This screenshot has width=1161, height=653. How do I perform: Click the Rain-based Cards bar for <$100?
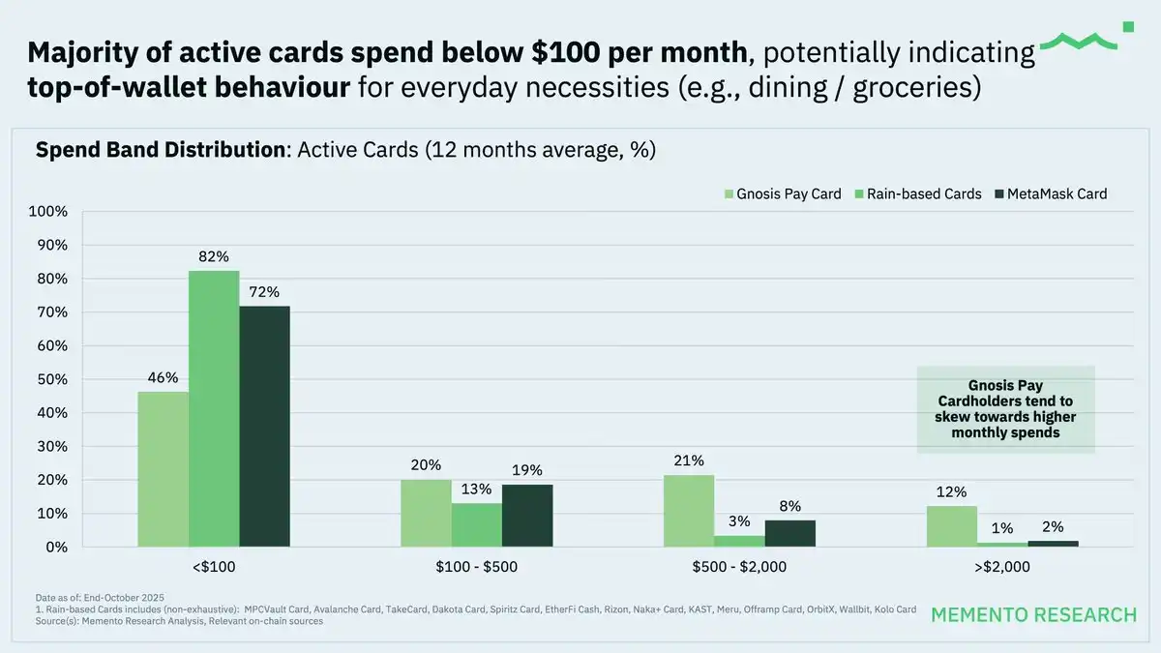coord(214,408)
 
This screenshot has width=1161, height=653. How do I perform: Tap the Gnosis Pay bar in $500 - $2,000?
coord(689,511)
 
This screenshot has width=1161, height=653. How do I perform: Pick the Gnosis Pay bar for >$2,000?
coord(952,526)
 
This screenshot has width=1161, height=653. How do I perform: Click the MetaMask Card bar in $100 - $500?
coord(527,516)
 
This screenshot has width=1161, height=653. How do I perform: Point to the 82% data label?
coord(214,256)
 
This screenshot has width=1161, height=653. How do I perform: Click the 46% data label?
coord(163,377)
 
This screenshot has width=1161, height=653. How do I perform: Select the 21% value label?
coord(689,460)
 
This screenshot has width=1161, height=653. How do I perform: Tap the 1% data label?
coord(1002,528)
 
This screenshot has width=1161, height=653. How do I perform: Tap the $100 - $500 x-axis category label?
coord(477,566)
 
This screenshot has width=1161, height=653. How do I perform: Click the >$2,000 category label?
coord(1002,566)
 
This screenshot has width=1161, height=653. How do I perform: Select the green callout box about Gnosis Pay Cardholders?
coord(1005,409)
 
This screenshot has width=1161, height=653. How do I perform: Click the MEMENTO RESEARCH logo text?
coord(1033,615)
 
